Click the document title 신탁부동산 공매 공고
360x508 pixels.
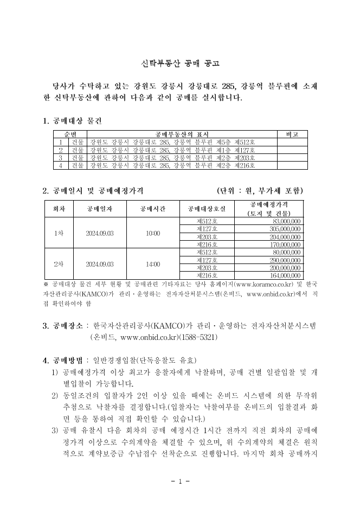coord(179,63)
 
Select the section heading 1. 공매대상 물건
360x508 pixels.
coord(72,120)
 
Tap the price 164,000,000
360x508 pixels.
coord(286,275)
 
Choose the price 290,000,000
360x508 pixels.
coord(286,260)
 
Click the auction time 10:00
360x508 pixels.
coord(153,233)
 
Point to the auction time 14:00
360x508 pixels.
coord(153,264)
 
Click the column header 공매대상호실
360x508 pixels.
coord(207,209)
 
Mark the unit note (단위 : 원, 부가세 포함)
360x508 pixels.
coord(260,190)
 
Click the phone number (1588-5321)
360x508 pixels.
coord(197,337)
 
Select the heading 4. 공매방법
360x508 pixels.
coord(63,361)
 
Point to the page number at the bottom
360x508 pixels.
coord(179,481)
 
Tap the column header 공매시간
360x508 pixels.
coord(153,209)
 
